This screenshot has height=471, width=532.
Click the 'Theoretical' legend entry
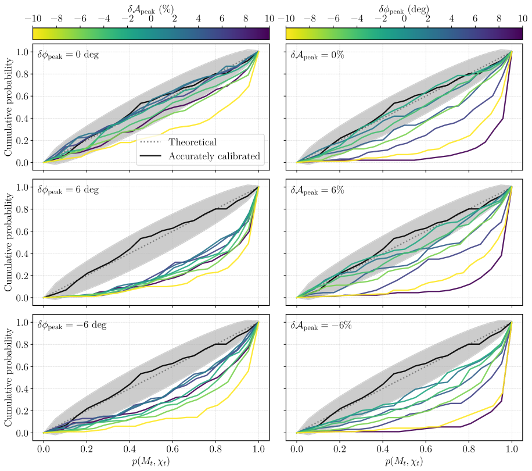[x=192, y=142]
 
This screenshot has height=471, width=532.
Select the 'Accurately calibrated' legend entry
[x=213, y=156]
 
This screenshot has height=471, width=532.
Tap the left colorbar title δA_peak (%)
[x=151, y=8]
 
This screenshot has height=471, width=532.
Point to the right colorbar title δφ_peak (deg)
[x=404, y=8]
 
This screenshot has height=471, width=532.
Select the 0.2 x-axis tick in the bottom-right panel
[x=339, y=449]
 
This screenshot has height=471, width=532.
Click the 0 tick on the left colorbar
[x=151, y=19]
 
